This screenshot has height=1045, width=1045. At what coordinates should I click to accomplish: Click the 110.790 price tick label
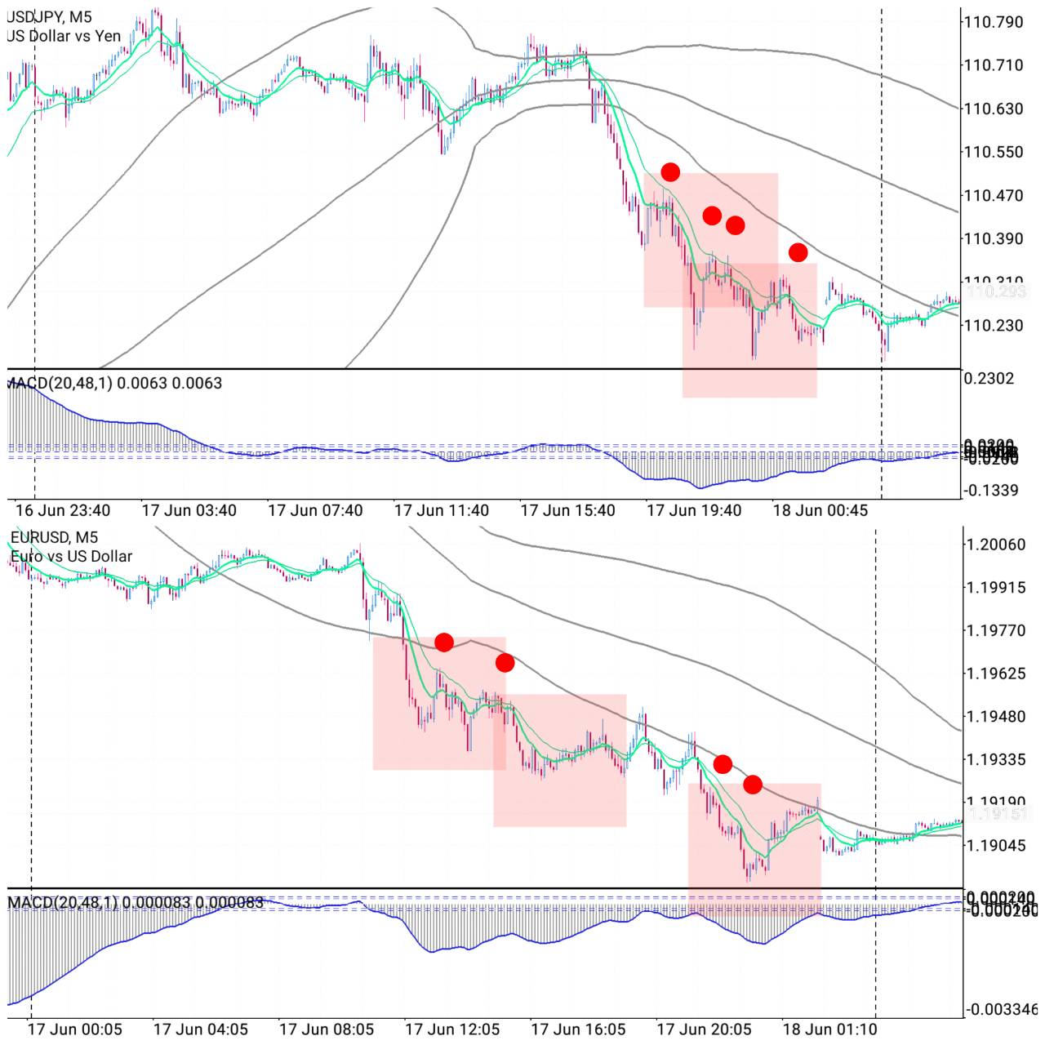point(993,22)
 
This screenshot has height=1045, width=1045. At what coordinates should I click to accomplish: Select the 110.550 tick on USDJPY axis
point(993,152)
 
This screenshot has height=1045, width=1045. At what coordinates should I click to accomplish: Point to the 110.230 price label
point(993,325)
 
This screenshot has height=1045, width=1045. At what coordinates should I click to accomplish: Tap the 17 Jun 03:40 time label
point(189,510)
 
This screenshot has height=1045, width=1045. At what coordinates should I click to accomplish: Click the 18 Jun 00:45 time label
point(820,510)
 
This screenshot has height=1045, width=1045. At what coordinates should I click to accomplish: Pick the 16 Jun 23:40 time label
point(63,510)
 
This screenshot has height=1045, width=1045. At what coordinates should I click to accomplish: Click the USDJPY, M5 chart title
point(49,17)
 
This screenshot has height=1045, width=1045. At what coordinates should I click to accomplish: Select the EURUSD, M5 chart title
point(54,537)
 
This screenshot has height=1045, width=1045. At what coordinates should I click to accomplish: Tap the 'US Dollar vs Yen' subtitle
point(64,36)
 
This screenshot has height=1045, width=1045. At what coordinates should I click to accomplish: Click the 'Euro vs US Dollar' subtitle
point(71,556)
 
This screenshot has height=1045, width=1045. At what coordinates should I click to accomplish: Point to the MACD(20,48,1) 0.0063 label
point(114,383)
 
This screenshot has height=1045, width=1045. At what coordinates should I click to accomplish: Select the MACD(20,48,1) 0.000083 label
point(136,902)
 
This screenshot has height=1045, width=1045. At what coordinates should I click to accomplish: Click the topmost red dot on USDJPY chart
point(670,171)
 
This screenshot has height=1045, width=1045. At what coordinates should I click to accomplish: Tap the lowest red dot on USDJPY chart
point(798,252)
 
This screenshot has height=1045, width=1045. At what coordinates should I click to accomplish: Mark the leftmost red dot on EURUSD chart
point(444,643)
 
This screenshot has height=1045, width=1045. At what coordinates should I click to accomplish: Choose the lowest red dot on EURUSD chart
point(753,785)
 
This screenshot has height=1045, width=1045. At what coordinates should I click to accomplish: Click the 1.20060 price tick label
point(996,545)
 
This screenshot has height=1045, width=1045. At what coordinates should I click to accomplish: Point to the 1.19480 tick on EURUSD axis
point(996,717)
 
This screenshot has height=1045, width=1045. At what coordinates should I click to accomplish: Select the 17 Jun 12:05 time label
point(452,1029)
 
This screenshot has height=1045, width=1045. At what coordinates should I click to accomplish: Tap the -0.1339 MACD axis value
point(991,491)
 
